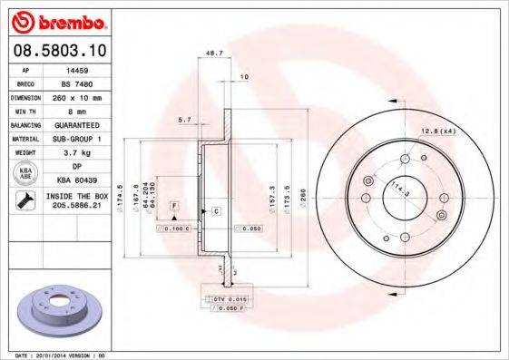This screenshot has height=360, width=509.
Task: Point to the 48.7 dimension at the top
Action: pos(215,54)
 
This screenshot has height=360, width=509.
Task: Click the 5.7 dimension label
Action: pos(184,120)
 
